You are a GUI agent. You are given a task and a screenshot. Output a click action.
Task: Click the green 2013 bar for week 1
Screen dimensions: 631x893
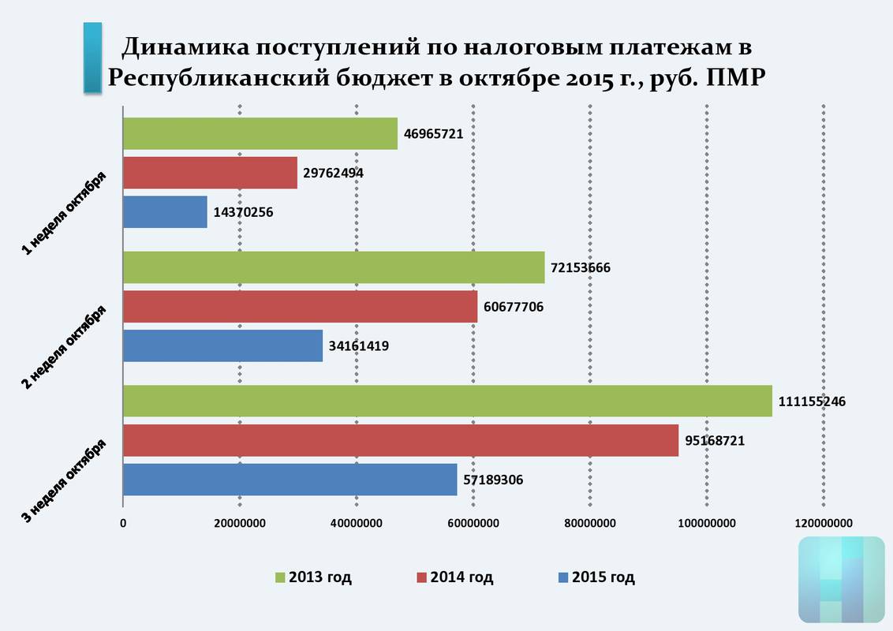pos(260,133)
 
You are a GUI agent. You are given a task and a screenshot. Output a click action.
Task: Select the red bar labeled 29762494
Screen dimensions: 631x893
pos(210,173)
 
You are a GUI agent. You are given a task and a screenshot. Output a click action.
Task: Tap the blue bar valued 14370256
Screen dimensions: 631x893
pos(165,212)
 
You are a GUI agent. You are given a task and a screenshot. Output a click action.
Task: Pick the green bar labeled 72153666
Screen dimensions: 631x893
pos(334,267)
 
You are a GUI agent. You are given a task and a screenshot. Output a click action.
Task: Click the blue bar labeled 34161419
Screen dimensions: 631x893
pos(222,345)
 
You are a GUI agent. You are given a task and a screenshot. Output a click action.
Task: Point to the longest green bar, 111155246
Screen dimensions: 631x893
pos(447,401)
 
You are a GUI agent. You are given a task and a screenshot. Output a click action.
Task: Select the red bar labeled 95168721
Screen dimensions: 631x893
pos(401,440)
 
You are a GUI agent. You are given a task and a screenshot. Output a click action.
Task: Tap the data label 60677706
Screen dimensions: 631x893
pos(515,306)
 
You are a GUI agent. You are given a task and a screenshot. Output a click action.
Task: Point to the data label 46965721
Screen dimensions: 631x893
pos(433,133)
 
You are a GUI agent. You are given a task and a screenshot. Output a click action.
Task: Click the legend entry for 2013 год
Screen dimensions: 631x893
pos(313,577)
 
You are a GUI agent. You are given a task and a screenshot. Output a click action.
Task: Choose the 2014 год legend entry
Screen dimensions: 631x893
pos(455,577)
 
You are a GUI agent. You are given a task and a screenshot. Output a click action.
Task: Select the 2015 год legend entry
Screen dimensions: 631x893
pos(596,577)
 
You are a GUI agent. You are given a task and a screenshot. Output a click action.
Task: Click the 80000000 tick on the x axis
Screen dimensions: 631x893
pos(590,523)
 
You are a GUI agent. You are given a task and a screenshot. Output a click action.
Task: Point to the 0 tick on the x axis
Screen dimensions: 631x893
pos(123,523)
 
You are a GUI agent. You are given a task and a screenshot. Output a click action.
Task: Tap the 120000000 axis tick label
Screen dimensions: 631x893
pos(824,523)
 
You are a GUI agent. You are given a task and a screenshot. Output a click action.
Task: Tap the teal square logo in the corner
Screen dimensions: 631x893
pos(841,580)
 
